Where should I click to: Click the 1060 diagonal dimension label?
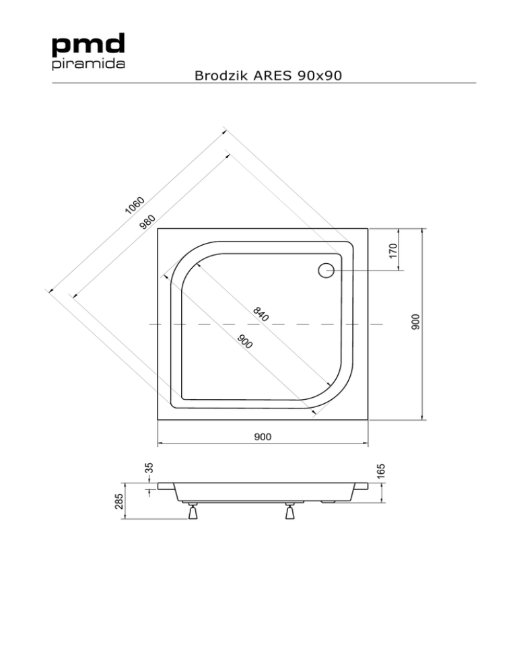tap(135, 205)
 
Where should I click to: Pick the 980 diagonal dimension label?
tap(149, 221)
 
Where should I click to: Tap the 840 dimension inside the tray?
tap(262, 314)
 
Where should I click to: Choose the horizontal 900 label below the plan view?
tap(263, 437)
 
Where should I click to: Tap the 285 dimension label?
tap(118, 501)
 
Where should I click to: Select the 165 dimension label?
tap(381, 470)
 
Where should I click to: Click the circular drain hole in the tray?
tap(326, 270)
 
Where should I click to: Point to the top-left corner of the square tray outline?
tap(157, 229)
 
